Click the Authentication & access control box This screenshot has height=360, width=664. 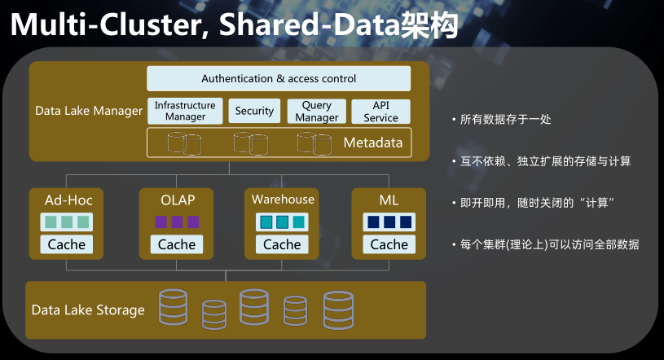(279, 78)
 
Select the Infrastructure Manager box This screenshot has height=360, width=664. (185, 111)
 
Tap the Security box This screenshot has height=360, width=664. (254, 111)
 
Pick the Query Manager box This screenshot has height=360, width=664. (317, 111)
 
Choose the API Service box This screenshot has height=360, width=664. (380, 112)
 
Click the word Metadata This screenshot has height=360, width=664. (373, 143)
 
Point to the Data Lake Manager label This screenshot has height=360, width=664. (89, 111)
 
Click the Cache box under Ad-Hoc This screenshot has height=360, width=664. (67, 244)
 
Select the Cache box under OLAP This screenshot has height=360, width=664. (177, 244)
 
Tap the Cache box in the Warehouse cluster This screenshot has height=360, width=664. (282, 244)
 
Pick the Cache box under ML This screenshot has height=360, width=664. (389, 244)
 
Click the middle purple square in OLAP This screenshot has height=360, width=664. (177, 222)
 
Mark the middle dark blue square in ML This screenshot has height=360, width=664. (389, 222)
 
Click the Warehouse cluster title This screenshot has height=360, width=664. (283, 199)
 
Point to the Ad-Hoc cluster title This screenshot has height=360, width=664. (68, 200)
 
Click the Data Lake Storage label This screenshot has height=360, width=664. (88, 310)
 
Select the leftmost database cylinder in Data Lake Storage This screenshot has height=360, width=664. (174, 307)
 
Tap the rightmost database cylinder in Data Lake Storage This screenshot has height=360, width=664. (338, 310)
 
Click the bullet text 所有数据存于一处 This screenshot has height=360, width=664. (506, 120)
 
